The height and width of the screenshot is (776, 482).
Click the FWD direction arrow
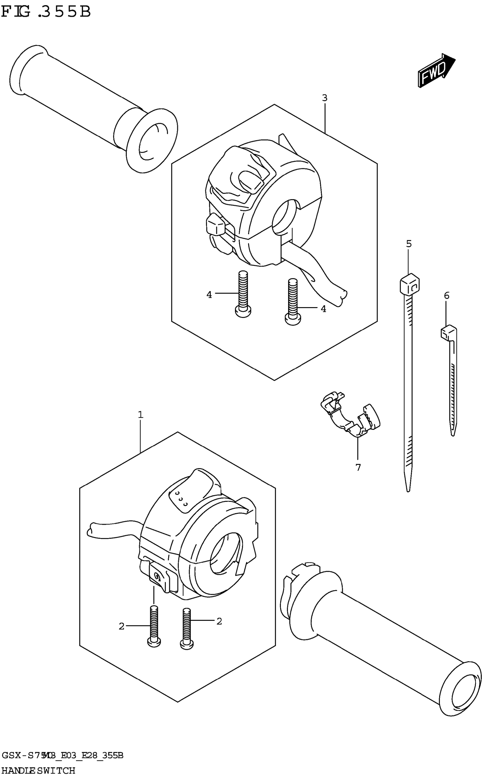click(x=436, y=70)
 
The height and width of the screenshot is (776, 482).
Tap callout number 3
click(x=325, y=98)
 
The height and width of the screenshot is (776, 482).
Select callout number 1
click(x=141, y=415)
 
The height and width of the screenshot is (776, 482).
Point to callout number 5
click(x=409, y=244)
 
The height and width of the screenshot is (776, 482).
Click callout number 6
click(x=447, y=295)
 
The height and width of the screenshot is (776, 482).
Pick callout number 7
click(x=358, y=467)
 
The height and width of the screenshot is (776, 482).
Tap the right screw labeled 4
click(x=293, y=301)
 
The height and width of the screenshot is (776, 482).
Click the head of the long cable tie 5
click(x=409, y=283)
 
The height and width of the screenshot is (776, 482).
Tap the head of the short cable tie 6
click(x=448, y=332)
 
